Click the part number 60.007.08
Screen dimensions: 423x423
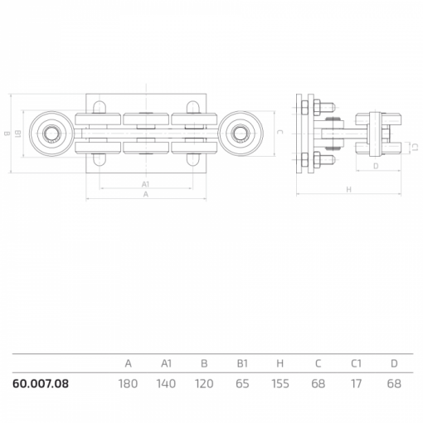point(41,384)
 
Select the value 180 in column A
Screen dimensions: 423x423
point(128,384)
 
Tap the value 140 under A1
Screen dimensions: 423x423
point(166,384)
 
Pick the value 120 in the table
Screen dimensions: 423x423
point(204,384)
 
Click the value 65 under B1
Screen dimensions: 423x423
point(242,384)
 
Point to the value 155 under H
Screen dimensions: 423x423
point(280,384)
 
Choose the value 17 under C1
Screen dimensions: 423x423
point(356,384)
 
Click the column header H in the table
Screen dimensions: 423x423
point(280,363)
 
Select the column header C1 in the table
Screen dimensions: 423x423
point(356,363)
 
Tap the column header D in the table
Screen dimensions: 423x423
point(394,363)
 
